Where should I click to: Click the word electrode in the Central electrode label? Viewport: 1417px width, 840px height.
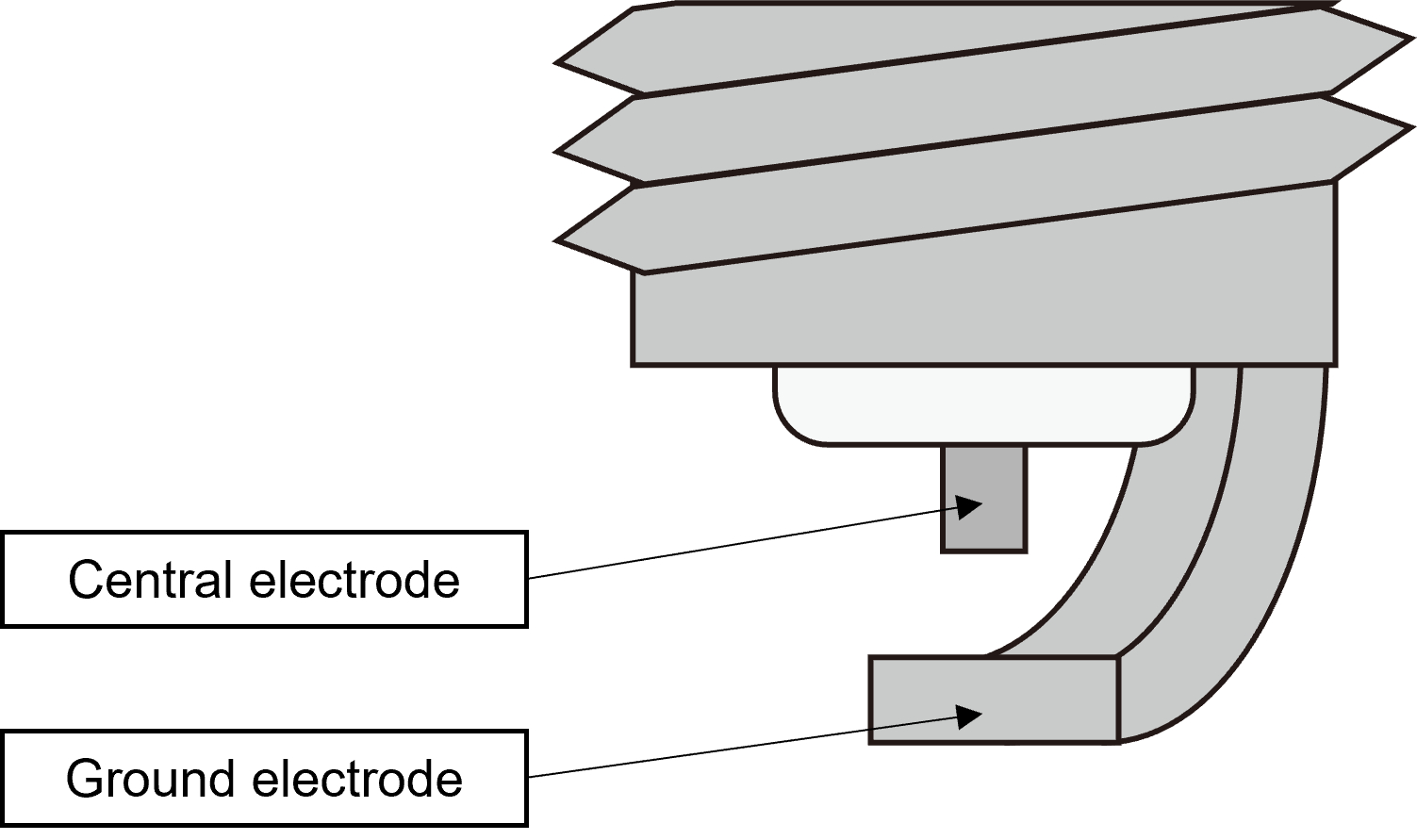pyautogui.click(x=354, y=580)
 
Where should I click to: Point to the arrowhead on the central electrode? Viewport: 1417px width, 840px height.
pyautogui.click(x=970, y=507)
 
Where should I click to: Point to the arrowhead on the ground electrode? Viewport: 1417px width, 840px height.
pyautogui.click(x=970, y=716)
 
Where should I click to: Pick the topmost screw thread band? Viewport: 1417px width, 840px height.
pyautogui.click(x=980, y=47)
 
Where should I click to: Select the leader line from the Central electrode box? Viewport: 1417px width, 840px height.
pyautogui.click(x=735, y=544)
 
